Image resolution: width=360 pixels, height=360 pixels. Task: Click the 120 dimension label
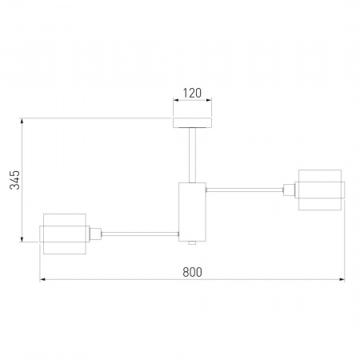coord(192,93)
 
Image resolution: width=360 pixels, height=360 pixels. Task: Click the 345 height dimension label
coord(14,180)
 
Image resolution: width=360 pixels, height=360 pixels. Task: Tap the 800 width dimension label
coord(192,272)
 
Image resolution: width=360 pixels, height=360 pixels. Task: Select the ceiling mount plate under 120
coord(192,122)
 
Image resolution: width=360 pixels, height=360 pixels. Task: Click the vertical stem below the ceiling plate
coord(192,155)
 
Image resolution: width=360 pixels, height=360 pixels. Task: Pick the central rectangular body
coord(192,212)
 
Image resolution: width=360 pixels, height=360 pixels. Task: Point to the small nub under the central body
coord(192,243)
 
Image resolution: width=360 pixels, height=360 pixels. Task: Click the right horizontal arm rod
coord(245,190)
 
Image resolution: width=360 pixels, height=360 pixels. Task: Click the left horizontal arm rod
coord(140,234)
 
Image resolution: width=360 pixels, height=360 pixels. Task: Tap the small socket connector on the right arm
coord(289,190)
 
